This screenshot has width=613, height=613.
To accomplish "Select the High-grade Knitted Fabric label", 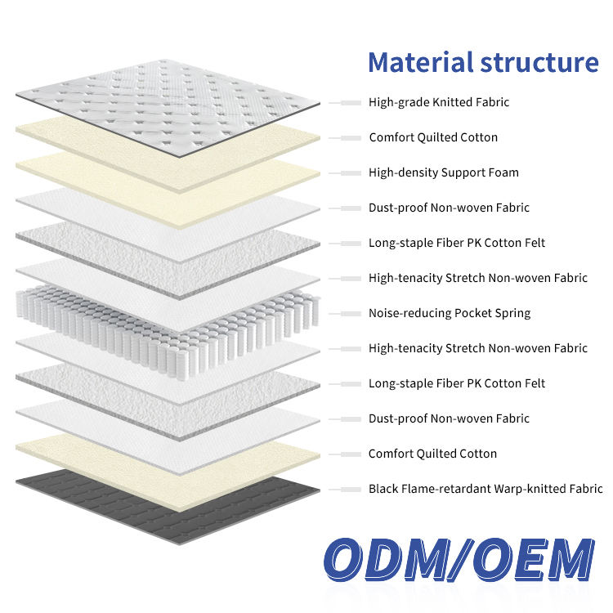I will (439, 102).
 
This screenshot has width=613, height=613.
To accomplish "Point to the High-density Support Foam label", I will (444, 172).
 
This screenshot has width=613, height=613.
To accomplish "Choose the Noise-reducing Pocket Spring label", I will (450, 313).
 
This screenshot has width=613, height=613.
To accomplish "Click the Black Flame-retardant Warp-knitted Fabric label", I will (485, 489).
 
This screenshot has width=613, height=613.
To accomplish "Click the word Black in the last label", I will (383, 489).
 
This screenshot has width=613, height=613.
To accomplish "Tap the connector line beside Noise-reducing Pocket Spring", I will (347, 313).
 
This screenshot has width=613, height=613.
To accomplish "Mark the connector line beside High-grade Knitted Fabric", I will (347, 102).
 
